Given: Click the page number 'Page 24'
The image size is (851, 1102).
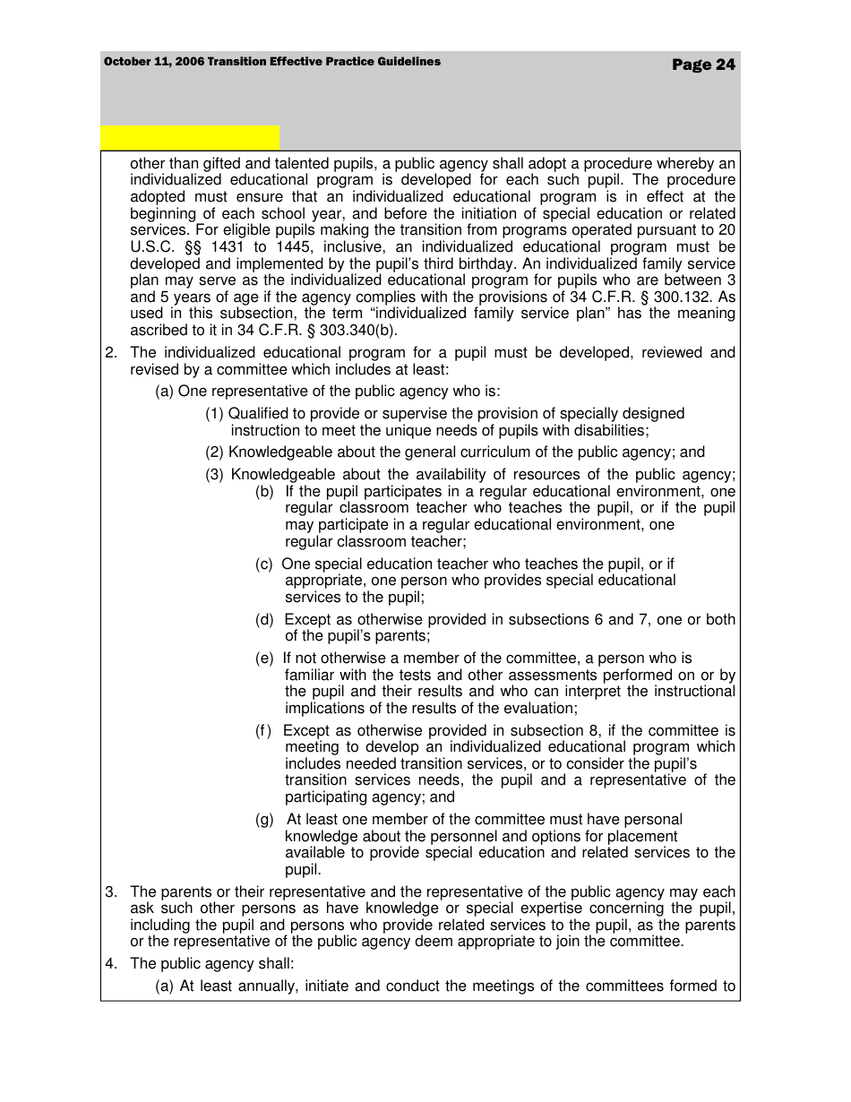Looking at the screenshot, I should click(x=703, y=65).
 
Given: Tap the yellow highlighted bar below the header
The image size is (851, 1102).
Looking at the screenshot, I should click(x=190, y=137).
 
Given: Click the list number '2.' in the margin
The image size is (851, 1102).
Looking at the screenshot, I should click(x=111, y=353).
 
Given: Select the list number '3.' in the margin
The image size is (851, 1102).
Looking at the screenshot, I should click(x=111, y=892).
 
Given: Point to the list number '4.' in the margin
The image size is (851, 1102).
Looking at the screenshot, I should click(x=111, y=964).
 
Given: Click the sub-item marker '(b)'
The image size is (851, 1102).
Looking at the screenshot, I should click(x=265, y=492).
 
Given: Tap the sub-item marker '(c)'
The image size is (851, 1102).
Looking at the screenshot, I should click(x=264, y=564).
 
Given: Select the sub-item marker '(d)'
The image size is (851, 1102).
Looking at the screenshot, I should click(x=265, y=620).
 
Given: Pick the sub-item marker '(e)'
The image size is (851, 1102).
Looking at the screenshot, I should click(x=265, y=659).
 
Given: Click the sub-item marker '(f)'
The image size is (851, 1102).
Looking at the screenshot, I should click(x=263, y=731).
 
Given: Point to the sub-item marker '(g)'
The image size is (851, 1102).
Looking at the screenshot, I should click(x=265, y=820).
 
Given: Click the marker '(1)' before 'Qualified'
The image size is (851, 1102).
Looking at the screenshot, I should click(x=215, y=414).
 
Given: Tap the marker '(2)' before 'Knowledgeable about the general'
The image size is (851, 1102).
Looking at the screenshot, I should click(x=215, y=452).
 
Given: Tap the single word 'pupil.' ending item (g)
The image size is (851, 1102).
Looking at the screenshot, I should click(x=303, y=870).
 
